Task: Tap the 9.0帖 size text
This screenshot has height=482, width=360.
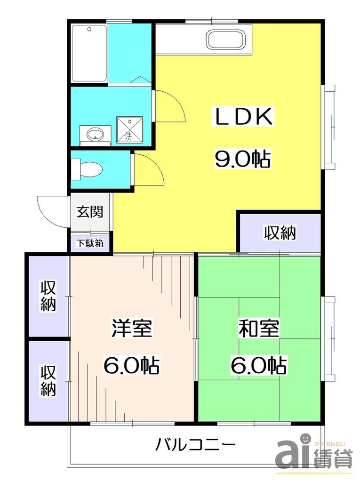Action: (x=243, y=160)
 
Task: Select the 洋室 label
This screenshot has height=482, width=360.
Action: (x=132, y=328)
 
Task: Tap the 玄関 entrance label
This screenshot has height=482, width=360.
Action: (x=90, y=212)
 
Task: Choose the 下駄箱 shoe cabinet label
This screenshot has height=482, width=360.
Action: (x=90, y=243)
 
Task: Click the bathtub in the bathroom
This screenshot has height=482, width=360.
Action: (x=89, y=53)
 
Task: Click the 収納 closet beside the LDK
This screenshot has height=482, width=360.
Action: (x=280, y=232)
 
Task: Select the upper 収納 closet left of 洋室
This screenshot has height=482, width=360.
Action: (x=48, y=296)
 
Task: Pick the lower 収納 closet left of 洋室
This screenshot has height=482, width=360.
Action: (x=48, y=381)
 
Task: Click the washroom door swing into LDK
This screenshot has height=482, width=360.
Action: (x=169, y=106)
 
